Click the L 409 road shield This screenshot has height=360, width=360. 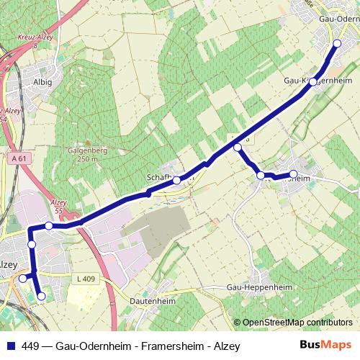85,278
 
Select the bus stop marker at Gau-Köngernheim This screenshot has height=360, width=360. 312,82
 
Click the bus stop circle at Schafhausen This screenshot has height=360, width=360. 176,180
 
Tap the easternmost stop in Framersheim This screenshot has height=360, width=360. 293,174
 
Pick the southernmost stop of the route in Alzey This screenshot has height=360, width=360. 41,296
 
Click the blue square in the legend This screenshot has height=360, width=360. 9,345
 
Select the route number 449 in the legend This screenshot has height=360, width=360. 29,345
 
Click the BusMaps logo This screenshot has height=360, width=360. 325,344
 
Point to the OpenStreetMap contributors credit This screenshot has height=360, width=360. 297,323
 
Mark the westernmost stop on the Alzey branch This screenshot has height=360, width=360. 23,279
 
